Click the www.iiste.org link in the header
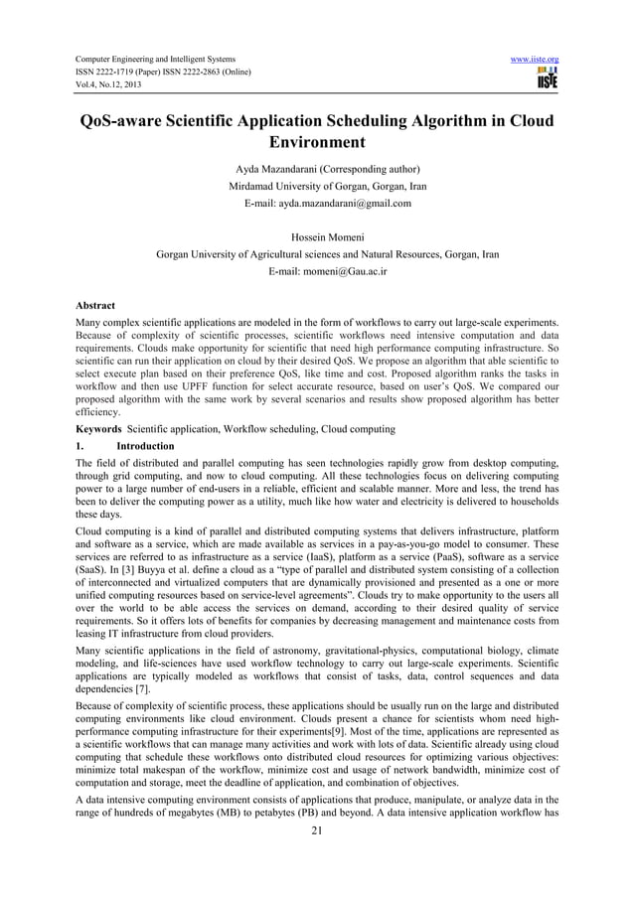[533, 59]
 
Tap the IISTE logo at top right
[547, 79]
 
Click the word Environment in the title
[316, 146]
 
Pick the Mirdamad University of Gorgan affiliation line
[317, 186]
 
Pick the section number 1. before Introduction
[81, 446]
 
